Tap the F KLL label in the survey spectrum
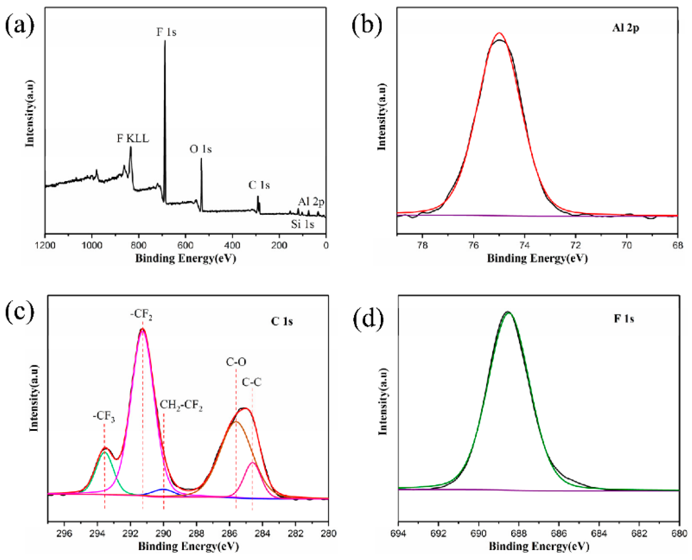pyautogui.click(x=133, y=139)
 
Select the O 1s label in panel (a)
pyautogui.click(x=200, y=149)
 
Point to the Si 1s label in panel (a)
pyautogui.click(x=303, y=224)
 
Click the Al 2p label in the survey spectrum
pyautogui.click(x=311, y=202)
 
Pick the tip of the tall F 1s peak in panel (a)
pyautogui.click(x=165, y=41)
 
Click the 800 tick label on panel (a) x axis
pyautogui.click(x=139, y=245)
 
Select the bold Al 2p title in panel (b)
pyautogui.click(x=625, y=28)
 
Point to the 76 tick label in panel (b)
pyautogui.click(x=473, y=245)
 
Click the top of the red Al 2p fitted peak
pyautogui.click(x=499, y=33)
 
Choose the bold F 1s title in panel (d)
pyautogui.click(x=624, y=319)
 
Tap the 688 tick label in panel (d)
pyautogui.click(x=519, y=533)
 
